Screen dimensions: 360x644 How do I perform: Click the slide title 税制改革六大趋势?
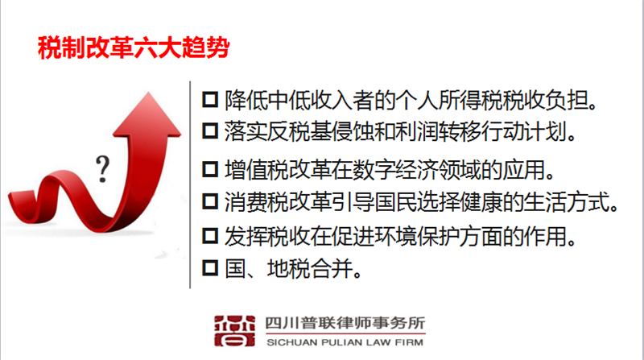pos(133,48)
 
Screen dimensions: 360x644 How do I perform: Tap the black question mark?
pos(102,169)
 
